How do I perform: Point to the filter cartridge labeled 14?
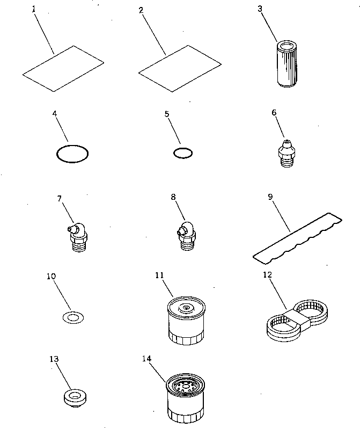click(185, 397)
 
